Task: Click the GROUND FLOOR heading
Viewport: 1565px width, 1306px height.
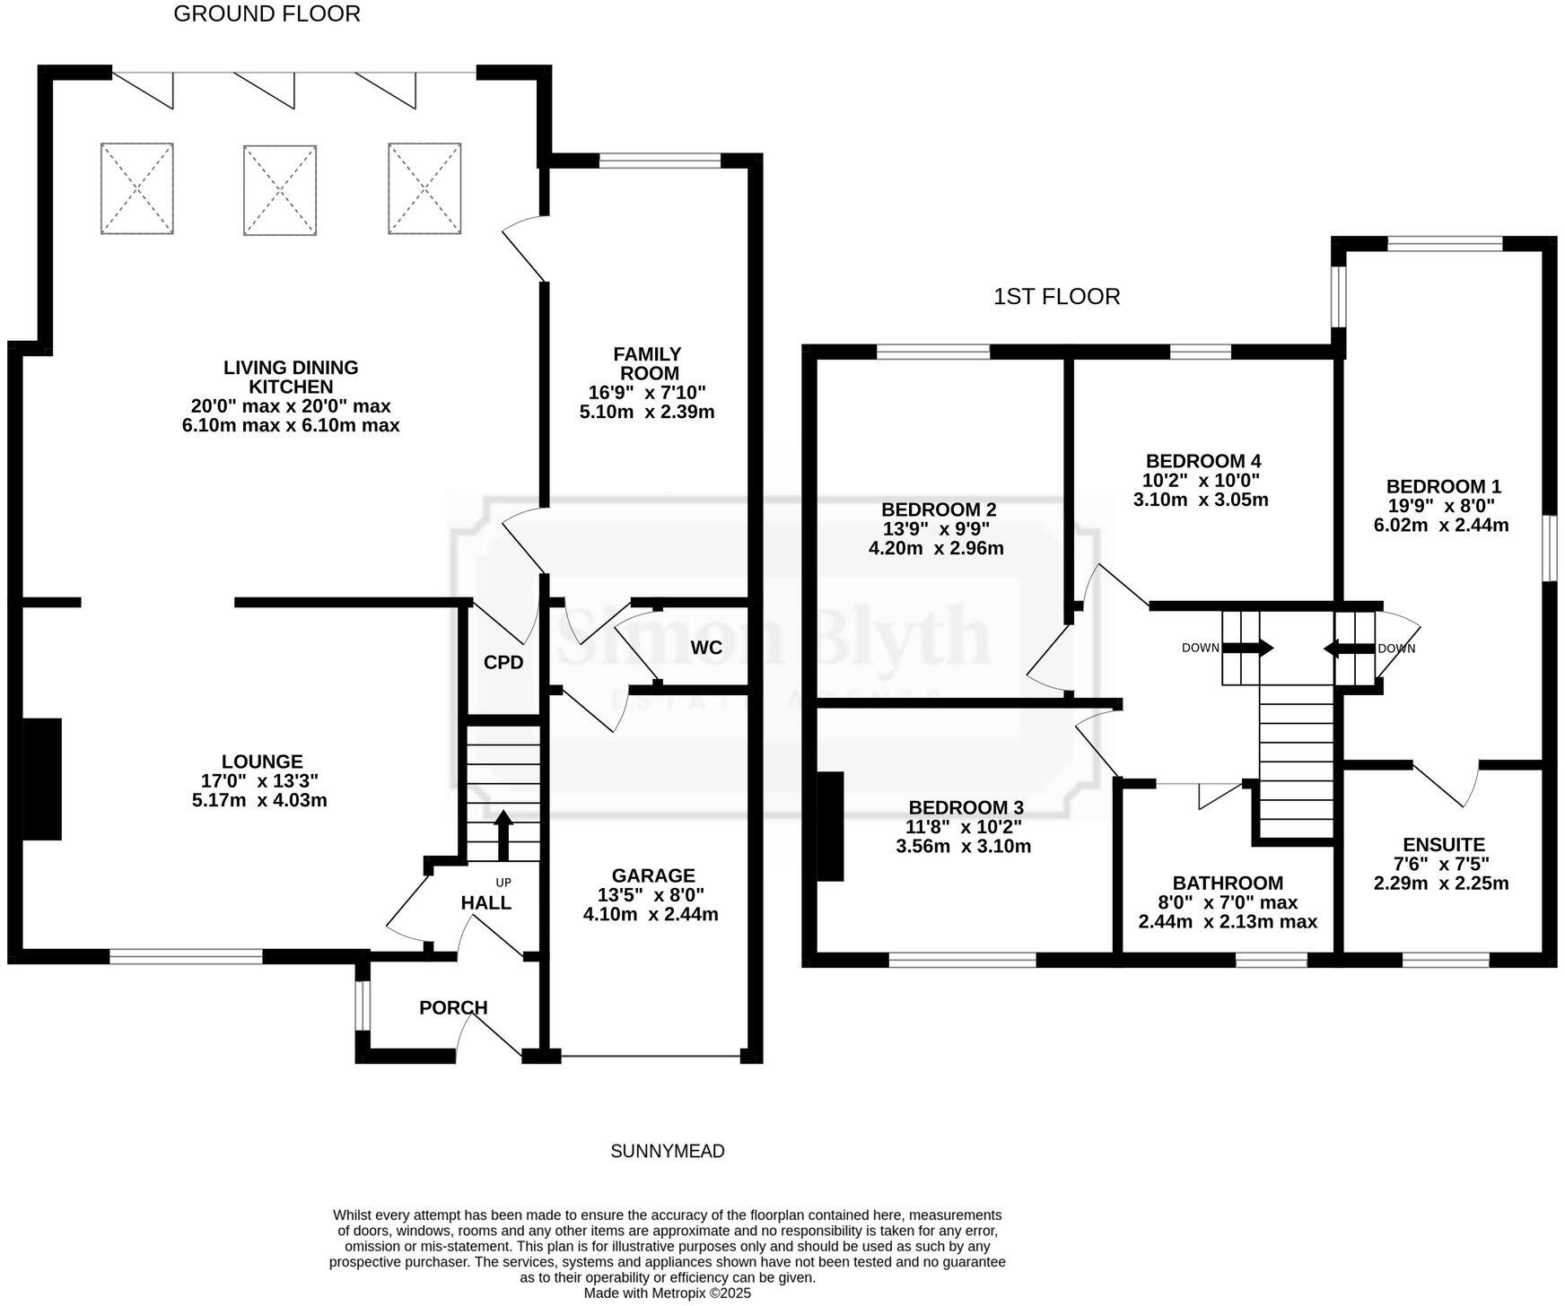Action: point(267,14)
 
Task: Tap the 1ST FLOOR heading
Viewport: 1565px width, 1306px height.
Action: point(1056,297)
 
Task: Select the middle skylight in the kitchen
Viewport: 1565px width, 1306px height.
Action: point(280,190)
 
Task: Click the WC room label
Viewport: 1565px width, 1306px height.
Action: point(706,648)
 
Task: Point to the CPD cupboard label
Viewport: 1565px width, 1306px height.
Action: point(503,663)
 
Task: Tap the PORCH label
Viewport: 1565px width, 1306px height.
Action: point(453,1007)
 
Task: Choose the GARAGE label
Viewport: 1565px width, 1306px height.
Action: point(653,875)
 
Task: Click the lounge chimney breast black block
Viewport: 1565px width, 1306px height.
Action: point(42,779)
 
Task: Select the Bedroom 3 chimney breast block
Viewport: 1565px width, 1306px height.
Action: point(830,826)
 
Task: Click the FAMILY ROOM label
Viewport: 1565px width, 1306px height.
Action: point(647,363)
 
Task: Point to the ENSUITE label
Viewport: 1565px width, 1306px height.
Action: point(1443,844)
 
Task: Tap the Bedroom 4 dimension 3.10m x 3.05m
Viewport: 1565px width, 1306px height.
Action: point(1201,500)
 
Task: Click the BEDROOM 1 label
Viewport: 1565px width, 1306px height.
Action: point(1443,486)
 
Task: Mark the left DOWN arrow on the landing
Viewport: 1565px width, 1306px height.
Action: point(1254,648)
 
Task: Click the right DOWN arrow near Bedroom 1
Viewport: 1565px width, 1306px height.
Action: point(1342,648)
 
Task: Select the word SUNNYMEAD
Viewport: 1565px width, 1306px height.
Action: point(667,1151)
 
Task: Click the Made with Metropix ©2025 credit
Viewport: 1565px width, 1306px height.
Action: point(667,1293)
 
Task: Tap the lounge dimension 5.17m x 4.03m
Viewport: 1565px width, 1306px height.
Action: point(259,800)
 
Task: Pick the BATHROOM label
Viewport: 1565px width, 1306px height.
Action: point(1228,883)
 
